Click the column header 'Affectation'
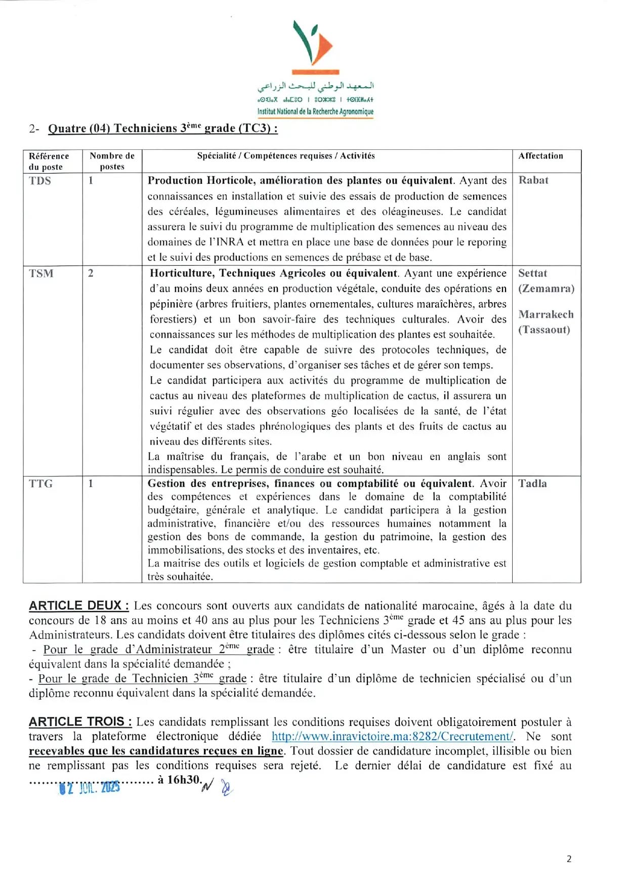(x=540, y=156)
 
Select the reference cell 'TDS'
(x=40, y=181)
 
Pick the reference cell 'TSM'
(x=41, y=273)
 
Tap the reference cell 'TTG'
(x=41, y=484)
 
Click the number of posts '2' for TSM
(x=91, y=273)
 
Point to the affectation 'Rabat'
(x=533, y=180)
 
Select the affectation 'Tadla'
(x=532, y=484)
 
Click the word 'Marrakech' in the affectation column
(x=546, y=314)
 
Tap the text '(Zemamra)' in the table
(x=546, y=289)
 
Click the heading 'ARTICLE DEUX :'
(x=79, y=606)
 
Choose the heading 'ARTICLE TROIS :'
(x=80, y=721)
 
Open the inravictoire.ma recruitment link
(x=393, y=737)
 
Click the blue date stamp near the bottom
(x=90, y=788)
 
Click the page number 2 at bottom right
(x=569, y=859)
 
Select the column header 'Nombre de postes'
(x=112, y=161)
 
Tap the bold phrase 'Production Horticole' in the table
(x=201, y=181)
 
